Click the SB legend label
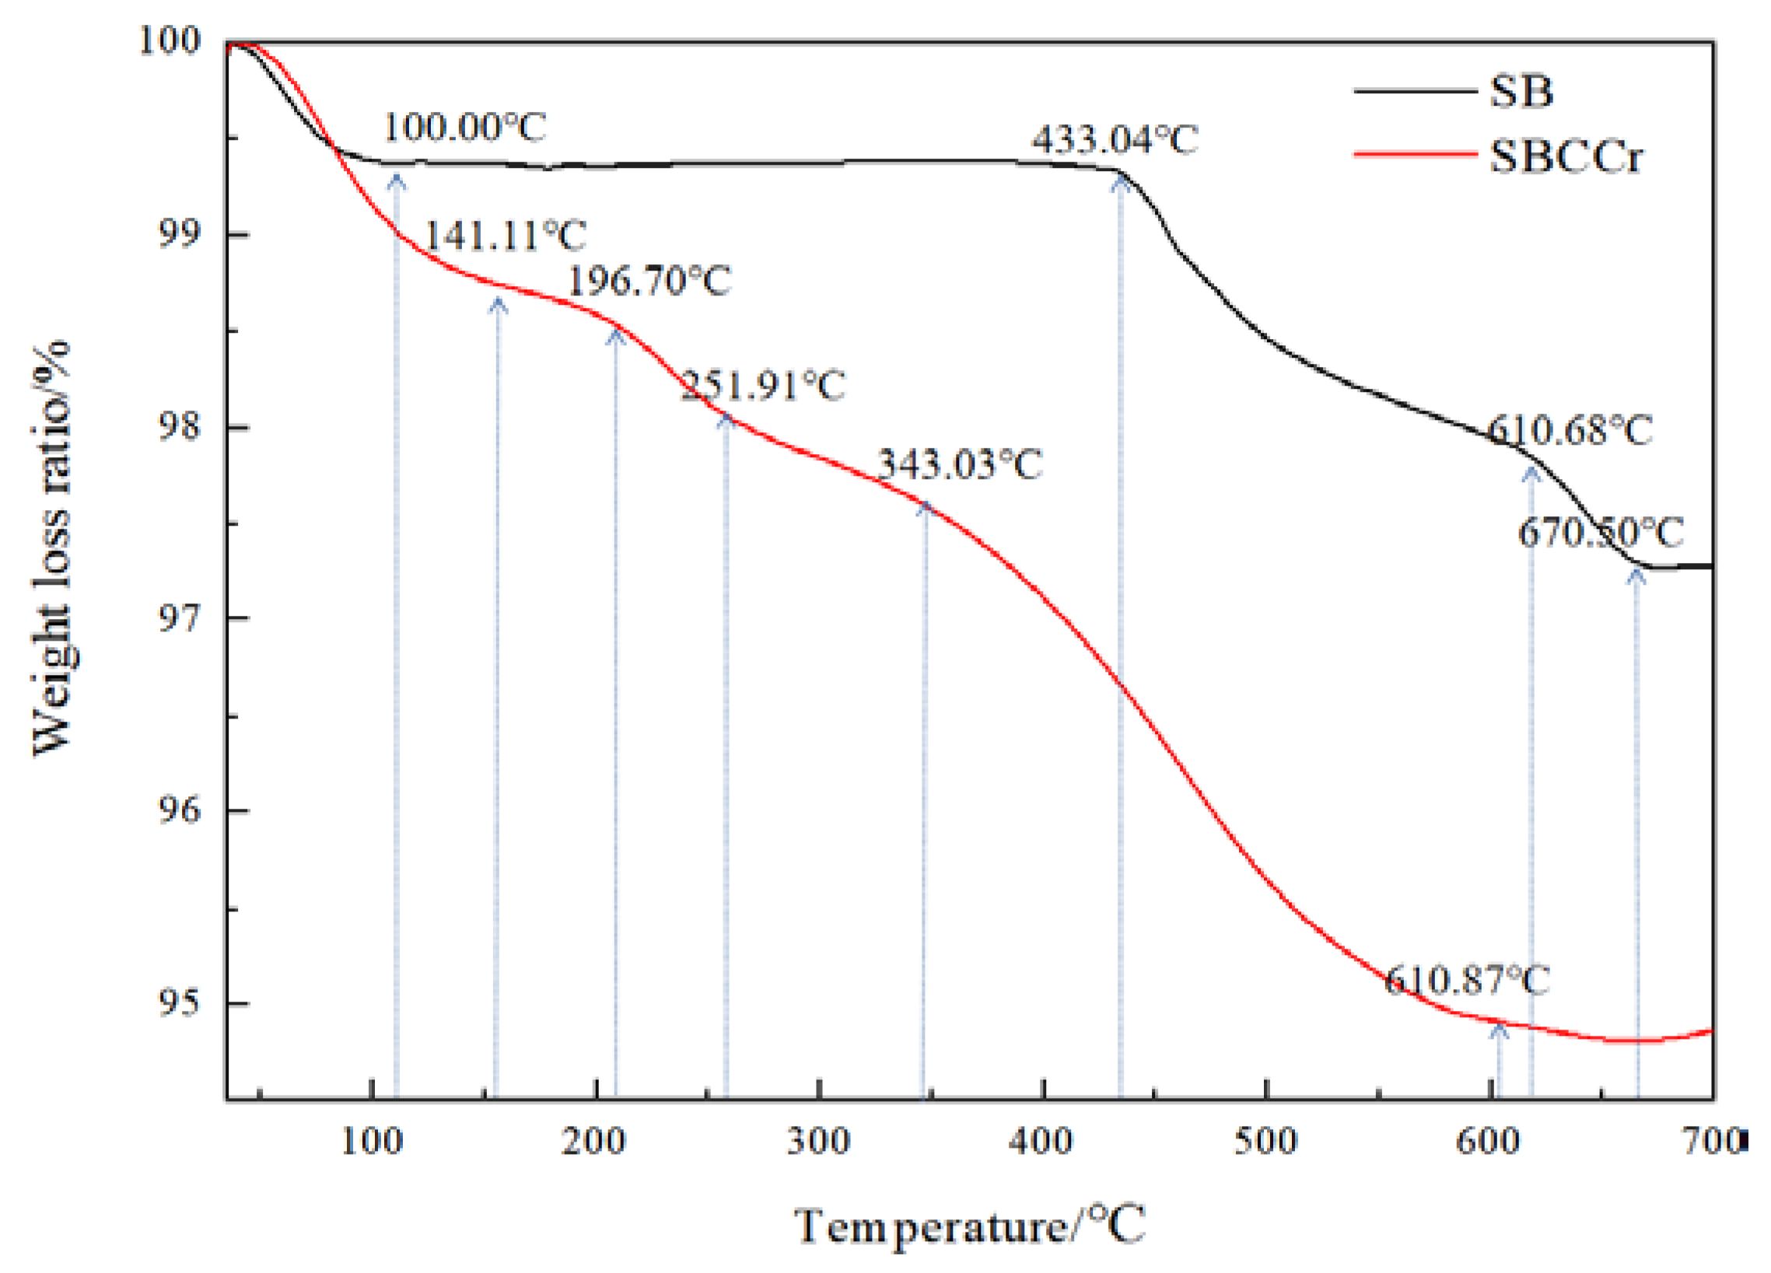[x=1521, y=92]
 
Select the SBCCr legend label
[x=1565, y=156]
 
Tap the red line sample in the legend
[x=1414, y=154]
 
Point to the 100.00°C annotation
[x=464, y=128]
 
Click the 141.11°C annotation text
[x=505, y=235]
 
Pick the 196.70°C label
[x=649, y=281]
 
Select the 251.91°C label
[x=763, y=386]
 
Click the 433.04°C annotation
[x=1115, y=141]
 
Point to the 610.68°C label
[x=1570, y=430]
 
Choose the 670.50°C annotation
[x=1601, y=533]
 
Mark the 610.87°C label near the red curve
[x=1466, y=981]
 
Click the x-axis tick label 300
[x=817, y=1142]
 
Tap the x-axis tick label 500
[x=1265, y=1142]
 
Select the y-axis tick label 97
[x=179, y=619]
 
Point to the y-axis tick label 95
[x=179, y=1003]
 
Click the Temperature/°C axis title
[x=970, y=1226]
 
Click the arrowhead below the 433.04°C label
[x=1121, y=183]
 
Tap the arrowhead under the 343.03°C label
[x=926, y=509]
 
